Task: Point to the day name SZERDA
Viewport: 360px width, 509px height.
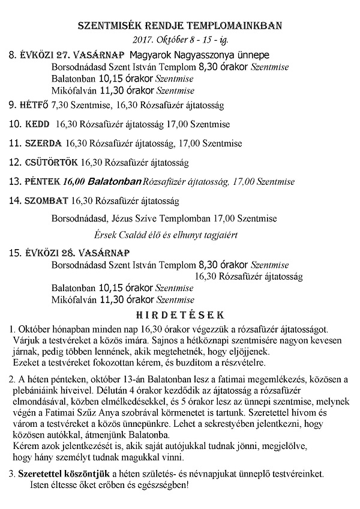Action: [x=43, y=143]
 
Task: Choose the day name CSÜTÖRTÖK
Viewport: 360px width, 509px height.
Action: [x=51, y=162]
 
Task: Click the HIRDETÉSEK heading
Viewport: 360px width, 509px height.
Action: [x=179, y=314]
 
